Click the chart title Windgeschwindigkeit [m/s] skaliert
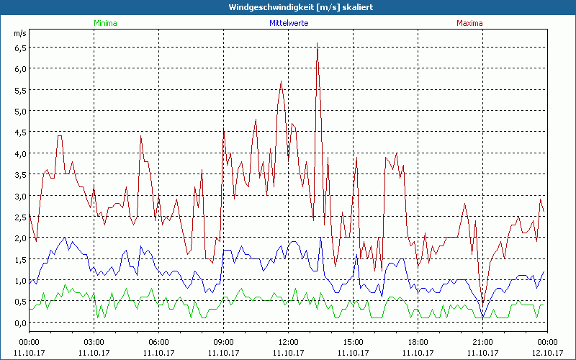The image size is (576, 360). click(288, 6)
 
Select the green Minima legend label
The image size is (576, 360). click(104, 23)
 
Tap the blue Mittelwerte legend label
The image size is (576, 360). click(288, 23)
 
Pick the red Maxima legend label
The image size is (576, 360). click(469, 23)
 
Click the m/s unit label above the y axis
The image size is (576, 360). click(19, 33)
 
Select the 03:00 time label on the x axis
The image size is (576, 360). click(94, 342)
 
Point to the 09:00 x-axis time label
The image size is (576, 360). click(223, 342)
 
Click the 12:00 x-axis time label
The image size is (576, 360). click(288, 342)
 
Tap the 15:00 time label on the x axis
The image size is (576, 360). click(353, 342)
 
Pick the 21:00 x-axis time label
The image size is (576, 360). click(482, 342)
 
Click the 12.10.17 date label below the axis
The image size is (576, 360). click(547, 352)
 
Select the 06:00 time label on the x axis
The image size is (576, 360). click(158, 342)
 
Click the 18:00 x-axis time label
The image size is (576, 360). click(418, 342)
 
